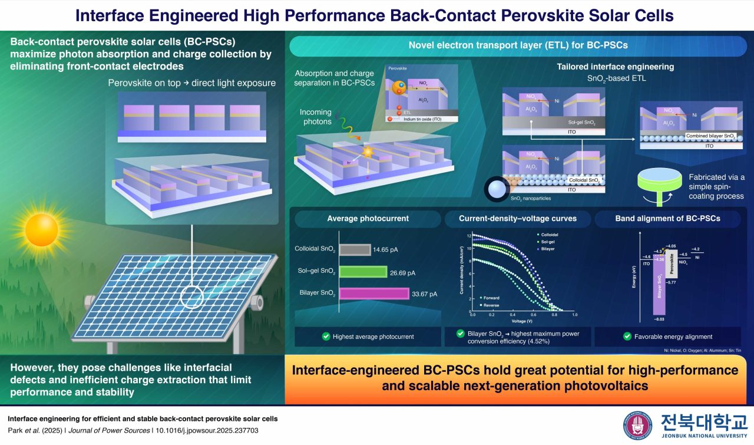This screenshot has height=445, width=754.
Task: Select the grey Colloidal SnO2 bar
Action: click(355, 249)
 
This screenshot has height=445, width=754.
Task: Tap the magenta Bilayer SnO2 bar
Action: click(374, 294)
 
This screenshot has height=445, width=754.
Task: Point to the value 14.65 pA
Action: click(385, 249)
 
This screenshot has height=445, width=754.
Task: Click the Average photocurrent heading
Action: click(368, 219)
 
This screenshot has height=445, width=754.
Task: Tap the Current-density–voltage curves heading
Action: click(518, 219)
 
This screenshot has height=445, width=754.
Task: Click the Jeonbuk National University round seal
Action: click(637, 424)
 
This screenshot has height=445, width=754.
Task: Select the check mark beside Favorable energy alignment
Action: click(627, 337)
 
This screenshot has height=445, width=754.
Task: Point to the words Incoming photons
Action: click(316, 117)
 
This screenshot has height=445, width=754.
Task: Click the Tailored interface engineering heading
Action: click(615, 67)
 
